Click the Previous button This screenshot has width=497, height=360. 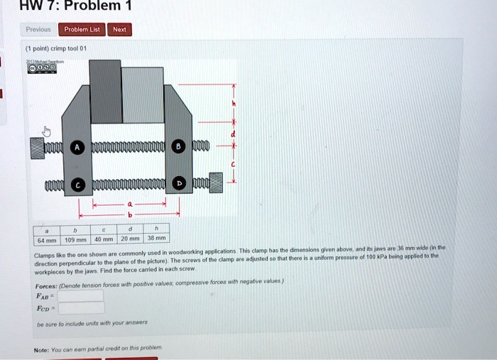pos(38,30)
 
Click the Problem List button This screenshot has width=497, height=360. pos(82,30)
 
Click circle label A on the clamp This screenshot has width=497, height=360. pos(77,148)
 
